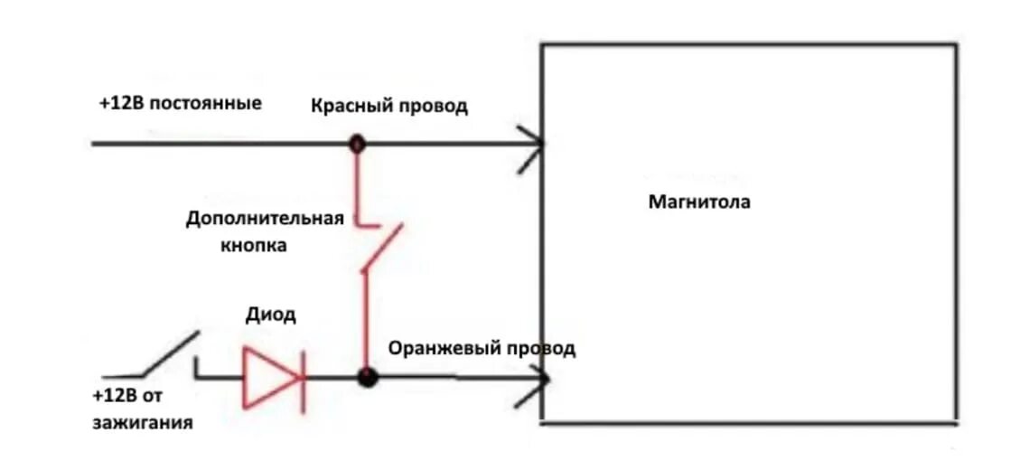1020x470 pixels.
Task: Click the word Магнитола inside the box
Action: (x=699, y=202)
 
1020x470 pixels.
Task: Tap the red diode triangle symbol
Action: (x=269, y=376)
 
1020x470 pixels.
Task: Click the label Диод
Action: (x=270, y=315)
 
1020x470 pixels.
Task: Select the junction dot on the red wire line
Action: (x=358, y=143)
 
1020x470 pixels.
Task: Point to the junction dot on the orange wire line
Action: (x=367, y=377)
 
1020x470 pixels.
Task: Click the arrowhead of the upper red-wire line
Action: (x=532, y=143)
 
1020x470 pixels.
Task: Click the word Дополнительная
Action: (x=266, y=219)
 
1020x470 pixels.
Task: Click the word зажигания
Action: (x=143, y=422)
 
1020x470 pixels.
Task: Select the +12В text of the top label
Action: (x=121, y=102)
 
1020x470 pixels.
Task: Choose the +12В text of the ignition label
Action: (x=114, y=396)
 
